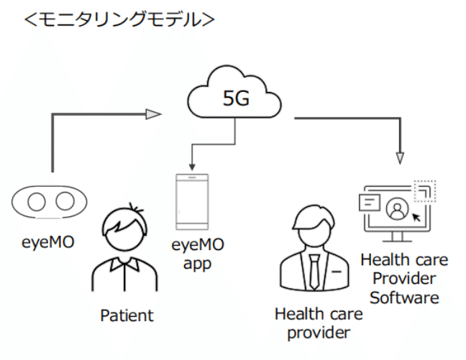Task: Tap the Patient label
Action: tap(127, 315)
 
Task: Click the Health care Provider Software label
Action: tap(403, 278)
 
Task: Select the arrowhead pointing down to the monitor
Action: tap(400, 157)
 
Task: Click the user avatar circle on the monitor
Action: tap(396, 209)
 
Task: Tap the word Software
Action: tap(403, 297)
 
